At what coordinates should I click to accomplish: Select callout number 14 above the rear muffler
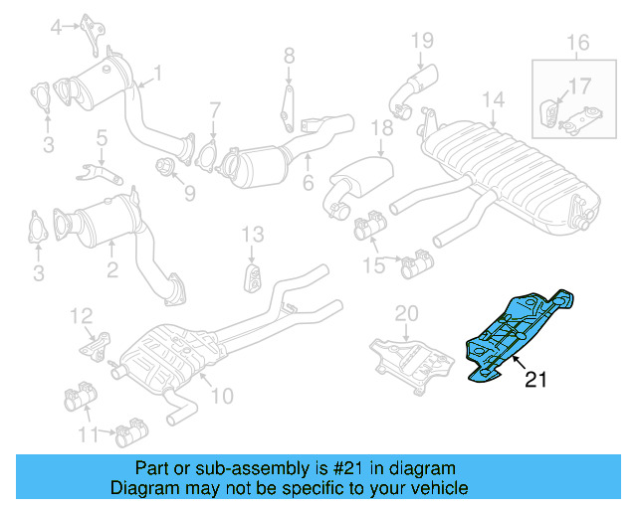click(494, 99)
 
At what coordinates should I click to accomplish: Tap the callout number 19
click(422, 41)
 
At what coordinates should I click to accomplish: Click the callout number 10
click(221, 396)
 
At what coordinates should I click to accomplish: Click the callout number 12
click(81, 316)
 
